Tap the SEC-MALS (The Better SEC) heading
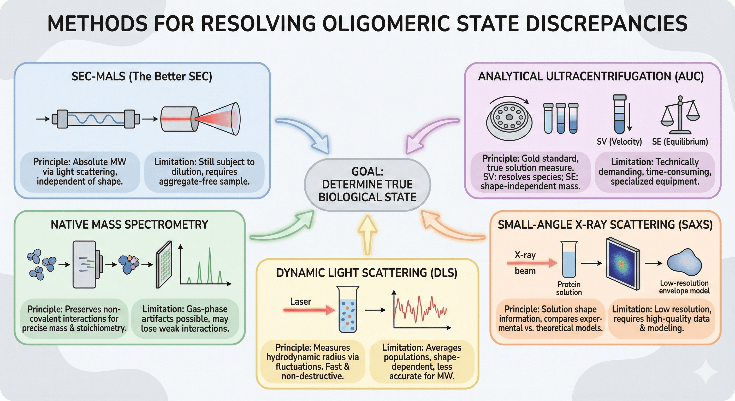pyautogui.click(x=142, y=76)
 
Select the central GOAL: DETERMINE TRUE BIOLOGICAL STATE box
pyautogui.click(x=367, y=185)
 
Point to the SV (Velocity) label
pyautogui.click(x=619, y=141)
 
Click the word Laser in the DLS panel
pyautogui.click(x=300, y=301)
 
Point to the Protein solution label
pyautogui.click(x=569, y=288)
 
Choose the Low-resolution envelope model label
pyautogui.click(x=684, y=287)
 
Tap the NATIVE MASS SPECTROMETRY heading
pyautogui.click(x=129, y=225)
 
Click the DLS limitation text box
pyautogui.click(x=422, y=362)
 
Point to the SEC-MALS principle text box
pyautogui.click(x=80, y=172)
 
